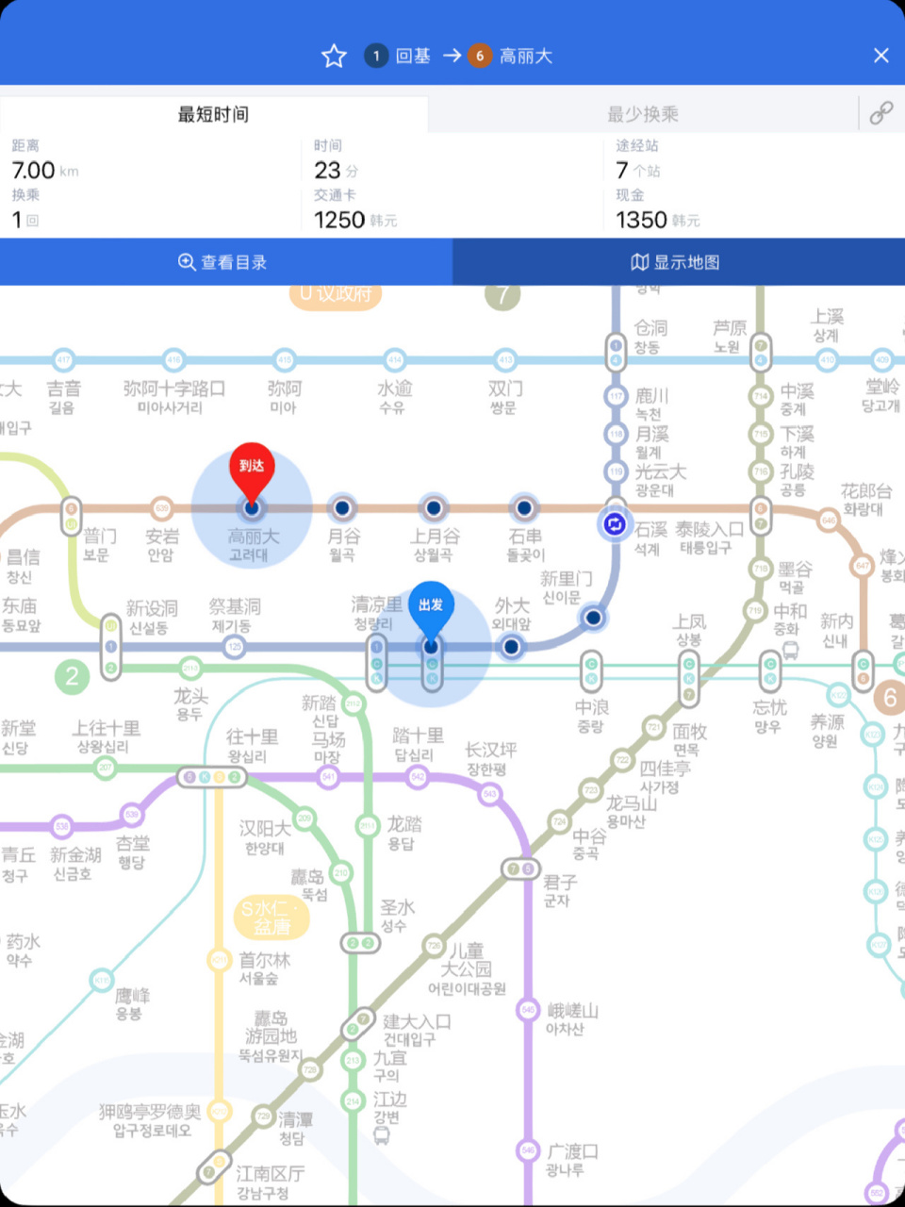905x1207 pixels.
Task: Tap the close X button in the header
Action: point(880,56)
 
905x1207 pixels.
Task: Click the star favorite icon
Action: point(334,57)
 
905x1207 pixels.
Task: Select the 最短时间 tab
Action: point(214,114)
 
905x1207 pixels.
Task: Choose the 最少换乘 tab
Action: point(643,114)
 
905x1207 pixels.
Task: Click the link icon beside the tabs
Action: point(881,114)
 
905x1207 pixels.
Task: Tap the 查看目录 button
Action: point(224,262)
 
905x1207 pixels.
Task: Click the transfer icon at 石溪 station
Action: point(615,524)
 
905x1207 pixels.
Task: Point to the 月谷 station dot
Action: point(342,508)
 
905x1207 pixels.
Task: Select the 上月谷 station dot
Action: point(433,508)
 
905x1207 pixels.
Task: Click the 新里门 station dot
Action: point(593,618)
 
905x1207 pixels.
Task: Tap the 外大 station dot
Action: point(511,647)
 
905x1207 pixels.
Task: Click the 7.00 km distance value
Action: point(34,171)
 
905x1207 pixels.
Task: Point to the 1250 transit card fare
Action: point(339,220)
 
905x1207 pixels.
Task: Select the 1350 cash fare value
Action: point(641,220)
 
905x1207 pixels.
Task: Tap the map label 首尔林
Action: point(264,960)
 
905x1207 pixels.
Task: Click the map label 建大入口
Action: point(417,1021)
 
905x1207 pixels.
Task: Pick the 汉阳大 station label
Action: point(264,829)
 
